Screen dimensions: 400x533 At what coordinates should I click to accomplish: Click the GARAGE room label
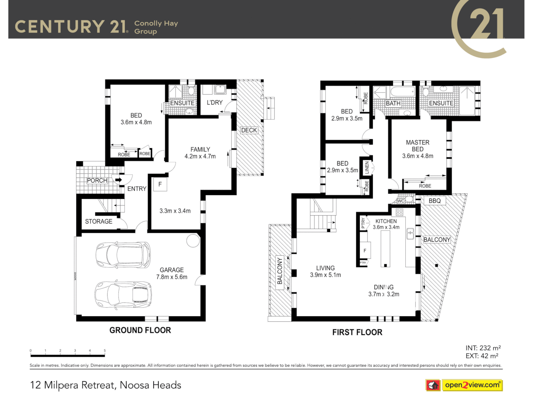(x=172, y=273)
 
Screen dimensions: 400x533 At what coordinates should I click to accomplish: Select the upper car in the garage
(x=123, y=255)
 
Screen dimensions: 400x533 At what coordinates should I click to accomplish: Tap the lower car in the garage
(x=123, y=295)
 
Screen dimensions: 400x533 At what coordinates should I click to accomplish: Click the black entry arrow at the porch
(x=118, y=180)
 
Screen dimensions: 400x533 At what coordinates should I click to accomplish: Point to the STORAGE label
(x=98, y=221)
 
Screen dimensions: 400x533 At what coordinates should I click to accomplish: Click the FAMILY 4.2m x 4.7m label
(x=200, y=153)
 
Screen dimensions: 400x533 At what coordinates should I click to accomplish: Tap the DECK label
(x=249, y=130)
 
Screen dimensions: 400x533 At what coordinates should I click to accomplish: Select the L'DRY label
(x=215, y=103)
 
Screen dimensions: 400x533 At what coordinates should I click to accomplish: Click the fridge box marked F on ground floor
(x=160, y=184)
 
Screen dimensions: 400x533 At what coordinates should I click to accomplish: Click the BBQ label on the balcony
(x=435, y=201)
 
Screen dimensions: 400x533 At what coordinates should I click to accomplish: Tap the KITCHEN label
(x=386, y=221)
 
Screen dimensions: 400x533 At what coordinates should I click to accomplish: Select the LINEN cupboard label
(x=367, y=168)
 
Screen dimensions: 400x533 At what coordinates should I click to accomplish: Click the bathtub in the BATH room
(x=403, y=92)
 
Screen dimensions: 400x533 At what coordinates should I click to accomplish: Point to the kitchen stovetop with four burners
(x=399, y=212)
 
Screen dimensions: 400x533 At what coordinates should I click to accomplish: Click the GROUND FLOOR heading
(x=140, y=330)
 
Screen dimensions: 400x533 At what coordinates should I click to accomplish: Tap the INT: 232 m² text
(x=483, y=348)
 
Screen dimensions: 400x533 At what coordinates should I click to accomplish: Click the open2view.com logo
(x=472, y=385)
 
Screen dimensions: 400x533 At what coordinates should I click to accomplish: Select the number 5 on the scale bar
(x=105, y=350)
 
